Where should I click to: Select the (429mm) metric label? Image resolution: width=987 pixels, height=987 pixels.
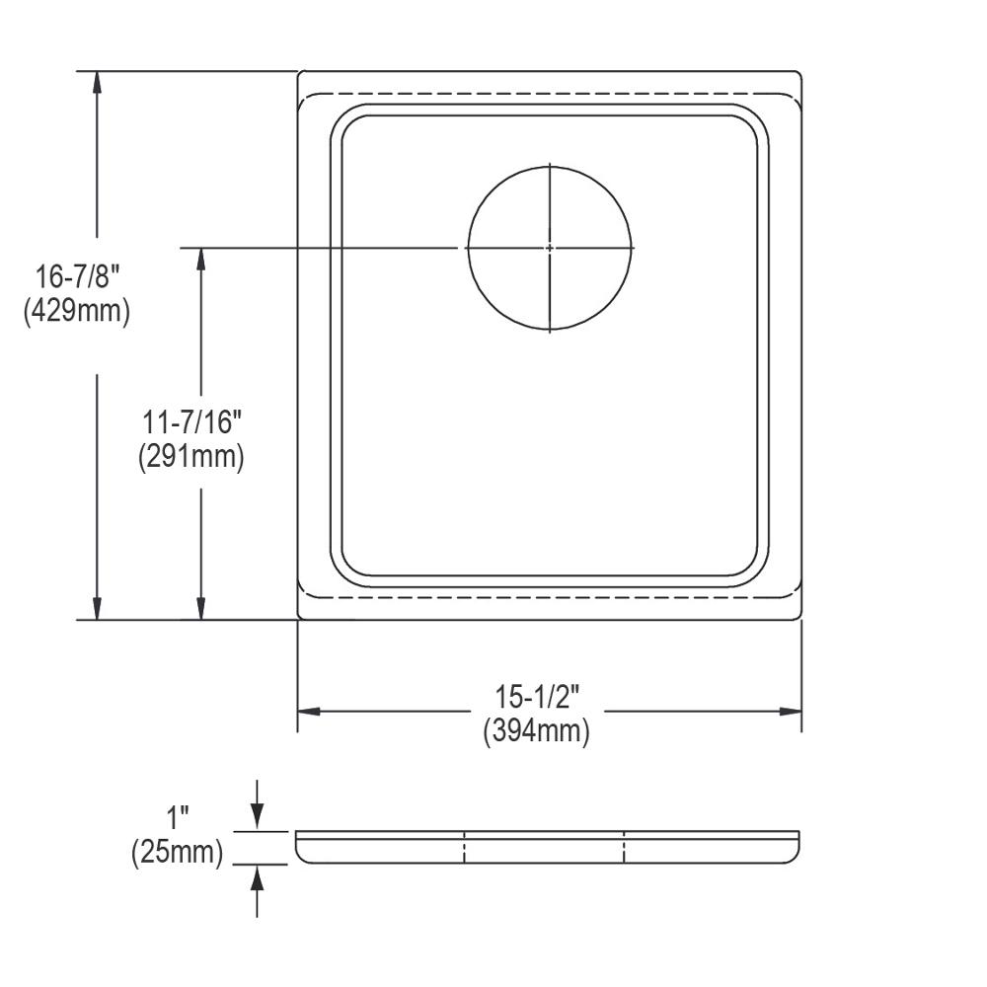pyautogui.click(x=76, y=312)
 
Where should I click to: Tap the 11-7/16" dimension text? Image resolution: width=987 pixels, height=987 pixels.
pyautogui.click(x=191, y=424)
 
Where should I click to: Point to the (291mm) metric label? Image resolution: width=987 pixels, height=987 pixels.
pyautogui.click(x=191, y=457)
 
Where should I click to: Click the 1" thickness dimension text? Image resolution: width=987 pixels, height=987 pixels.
pyautogui.click(x=178, y=817)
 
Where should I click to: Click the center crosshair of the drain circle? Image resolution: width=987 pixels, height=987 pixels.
pyautogui.click(x=550, y=247)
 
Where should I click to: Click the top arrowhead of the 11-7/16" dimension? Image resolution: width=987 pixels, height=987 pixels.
pyautogui.click(x=201, y=258)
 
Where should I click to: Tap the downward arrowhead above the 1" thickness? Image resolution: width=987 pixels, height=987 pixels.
pyautogui.click(x=257, y=817)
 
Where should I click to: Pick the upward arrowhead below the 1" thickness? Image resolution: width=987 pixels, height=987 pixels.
pyautogui.click(x=257, y=877)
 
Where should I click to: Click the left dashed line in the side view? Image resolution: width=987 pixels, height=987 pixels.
pyautogui.click(x=464, y=848)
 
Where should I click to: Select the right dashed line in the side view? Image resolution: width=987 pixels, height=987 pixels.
pyautogui.click(x=624, y=848)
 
